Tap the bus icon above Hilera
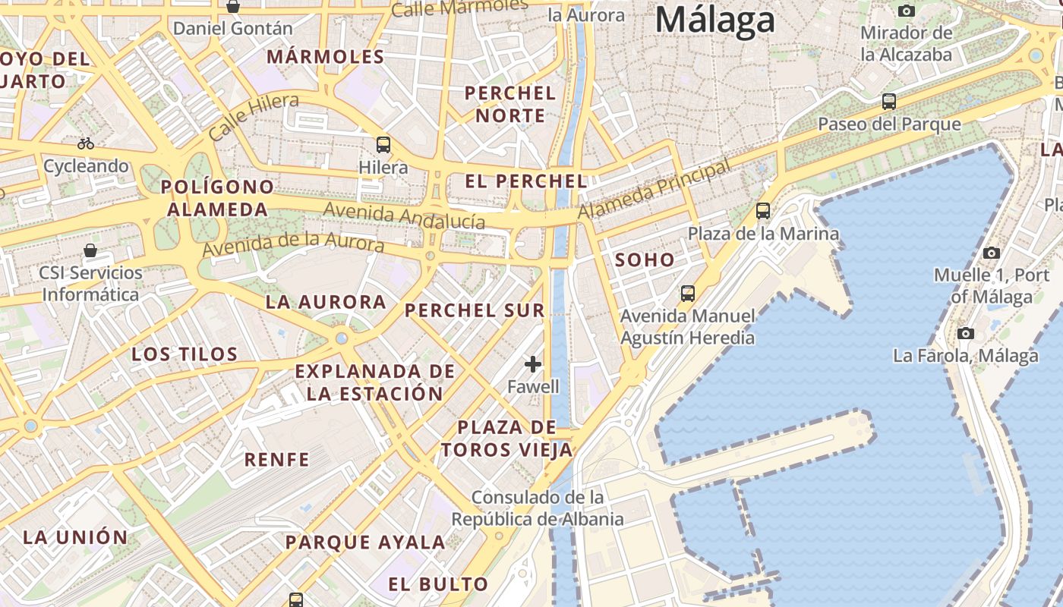click(x=383, y=144)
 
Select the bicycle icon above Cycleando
click(x=86, y=143)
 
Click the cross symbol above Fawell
click(x=533, y=364)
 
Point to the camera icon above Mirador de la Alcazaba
click(x=906, y=11)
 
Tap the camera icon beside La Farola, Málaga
click(x=966, y=333)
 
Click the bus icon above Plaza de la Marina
click(x=763, y=211)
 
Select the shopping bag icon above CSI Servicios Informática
click(x=90, y=250)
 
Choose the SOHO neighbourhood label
click(x=645, y=260)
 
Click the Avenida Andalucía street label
click(x=404, y=215)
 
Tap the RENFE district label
click(x=276, y=459)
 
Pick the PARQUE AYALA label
click(x=365, y=543)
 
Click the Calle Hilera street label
click(x=254, y=117)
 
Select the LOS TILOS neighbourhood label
click(x=185, y=354)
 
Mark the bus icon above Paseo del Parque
click(x=888, y=101)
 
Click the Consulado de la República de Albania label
click(x=538, y=508)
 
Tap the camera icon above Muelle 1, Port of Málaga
click(x=991, y=253)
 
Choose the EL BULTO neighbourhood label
click(x=438, y=584)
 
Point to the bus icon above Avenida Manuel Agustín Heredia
click(x=688, y=293)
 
